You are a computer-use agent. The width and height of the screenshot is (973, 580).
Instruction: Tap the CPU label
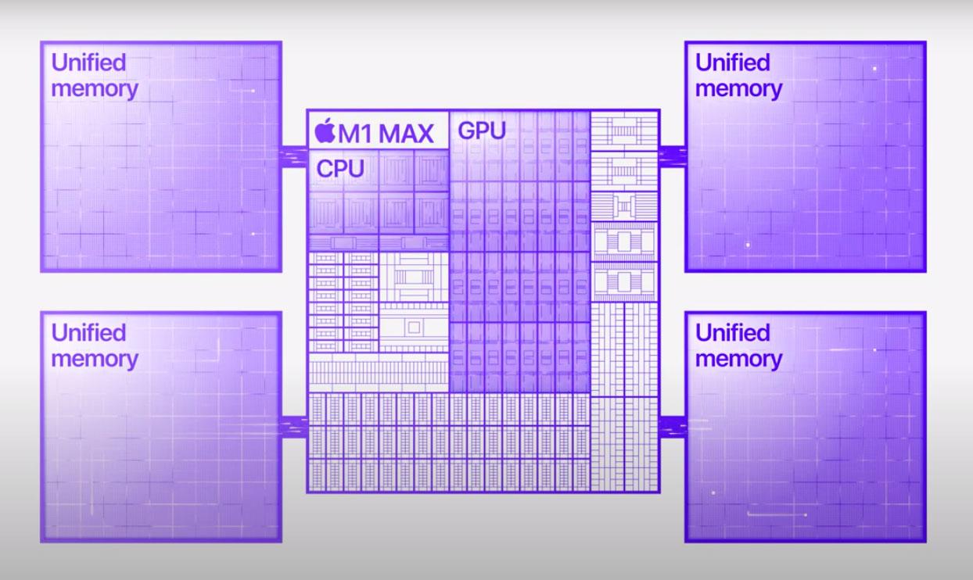point(340,168)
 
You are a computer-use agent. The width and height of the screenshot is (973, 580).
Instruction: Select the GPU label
point(482,131)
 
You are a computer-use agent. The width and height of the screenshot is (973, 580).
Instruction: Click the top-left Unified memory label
point(94,75)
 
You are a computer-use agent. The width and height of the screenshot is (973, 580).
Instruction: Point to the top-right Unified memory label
point(738,75)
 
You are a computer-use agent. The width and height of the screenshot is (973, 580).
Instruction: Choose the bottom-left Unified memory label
point(94,345)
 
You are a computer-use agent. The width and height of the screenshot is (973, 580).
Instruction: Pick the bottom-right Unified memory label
point(738,345)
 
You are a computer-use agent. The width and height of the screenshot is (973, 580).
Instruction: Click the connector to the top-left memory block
point(294,156)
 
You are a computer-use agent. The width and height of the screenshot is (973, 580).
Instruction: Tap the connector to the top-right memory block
point(672,156)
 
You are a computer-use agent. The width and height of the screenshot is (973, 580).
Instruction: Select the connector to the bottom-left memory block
point(294,427)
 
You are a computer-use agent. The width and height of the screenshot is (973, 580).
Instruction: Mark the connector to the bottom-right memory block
point(672,427)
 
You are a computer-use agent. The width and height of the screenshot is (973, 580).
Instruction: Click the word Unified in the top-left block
point(88,63)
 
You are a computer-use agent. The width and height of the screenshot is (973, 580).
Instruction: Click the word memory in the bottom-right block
point(738,359)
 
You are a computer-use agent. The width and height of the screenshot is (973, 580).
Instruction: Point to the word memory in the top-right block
point(738,88)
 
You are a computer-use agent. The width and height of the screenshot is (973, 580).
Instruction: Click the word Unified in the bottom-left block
point(88,333)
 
